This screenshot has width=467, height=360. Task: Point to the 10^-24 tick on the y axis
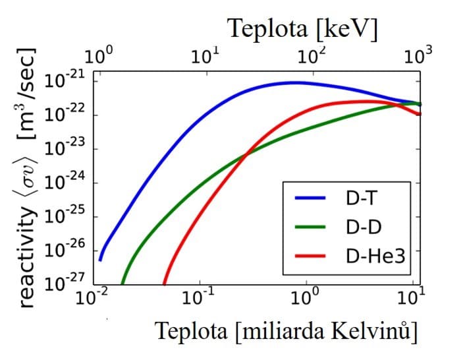(65, 183)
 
